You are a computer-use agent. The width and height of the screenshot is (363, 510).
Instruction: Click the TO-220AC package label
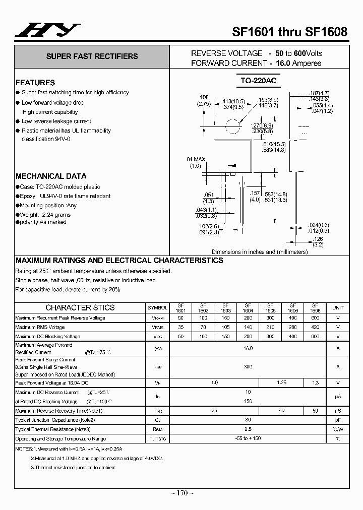click(258, 81)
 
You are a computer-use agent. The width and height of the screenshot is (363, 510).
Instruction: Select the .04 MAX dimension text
click(196, 159)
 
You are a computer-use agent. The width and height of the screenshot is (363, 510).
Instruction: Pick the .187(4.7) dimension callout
click(319, 93)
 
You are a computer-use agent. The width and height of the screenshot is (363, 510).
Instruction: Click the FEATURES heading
click(35, 83)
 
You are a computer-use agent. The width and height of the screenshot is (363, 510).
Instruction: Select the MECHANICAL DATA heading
click(51, 176)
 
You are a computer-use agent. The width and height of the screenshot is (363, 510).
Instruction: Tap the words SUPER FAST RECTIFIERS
click(92, 56)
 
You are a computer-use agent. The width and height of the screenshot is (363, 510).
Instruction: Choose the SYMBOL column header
click(157, 307)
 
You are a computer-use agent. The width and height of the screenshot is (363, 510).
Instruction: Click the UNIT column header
click(338, 307)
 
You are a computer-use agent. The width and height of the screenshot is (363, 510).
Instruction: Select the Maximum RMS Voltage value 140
click(248, 327)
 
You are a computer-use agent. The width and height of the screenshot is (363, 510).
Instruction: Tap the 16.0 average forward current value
click(248, 348)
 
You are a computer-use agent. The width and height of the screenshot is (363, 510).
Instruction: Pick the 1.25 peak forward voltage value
click(282, 382)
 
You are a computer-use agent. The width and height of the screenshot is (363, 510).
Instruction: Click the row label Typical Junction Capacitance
click(55, 420)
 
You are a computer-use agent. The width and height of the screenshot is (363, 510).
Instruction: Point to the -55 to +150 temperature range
click(248, 438)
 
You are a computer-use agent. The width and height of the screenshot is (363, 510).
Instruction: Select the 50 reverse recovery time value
click(315, 411)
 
